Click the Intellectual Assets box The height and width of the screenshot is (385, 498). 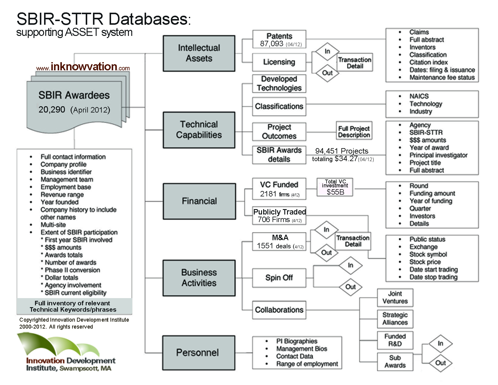coord(199,53)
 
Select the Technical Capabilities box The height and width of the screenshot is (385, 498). coord(199,130)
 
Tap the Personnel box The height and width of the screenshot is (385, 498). coord(199,353)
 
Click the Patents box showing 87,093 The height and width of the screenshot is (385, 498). coord(279,40)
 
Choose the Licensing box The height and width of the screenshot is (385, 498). coord(279,62)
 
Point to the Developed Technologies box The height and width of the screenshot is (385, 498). coord(279,84)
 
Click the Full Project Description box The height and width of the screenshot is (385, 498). coord(354,131)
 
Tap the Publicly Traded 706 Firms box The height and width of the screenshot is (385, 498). coord(279,215)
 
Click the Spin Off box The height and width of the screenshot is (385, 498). coord(279,278)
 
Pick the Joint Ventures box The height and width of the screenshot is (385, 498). coord(395,297)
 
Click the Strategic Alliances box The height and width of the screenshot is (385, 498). coord(395,319)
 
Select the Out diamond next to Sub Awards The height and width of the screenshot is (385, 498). coord(440,363)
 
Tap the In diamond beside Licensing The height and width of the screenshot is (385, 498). coord(327,52)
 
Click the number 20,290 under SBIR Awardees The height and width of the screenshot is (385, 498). coord(52,110)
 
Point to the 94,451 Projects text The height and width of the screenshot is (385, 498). coord(342,151)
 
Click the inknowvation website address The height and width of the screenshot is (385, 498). coord(83,67)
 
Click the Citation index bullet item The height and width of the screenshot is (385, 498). coord(428,62)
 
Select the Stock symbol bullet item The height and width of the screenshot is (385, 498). coord(428,254)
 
